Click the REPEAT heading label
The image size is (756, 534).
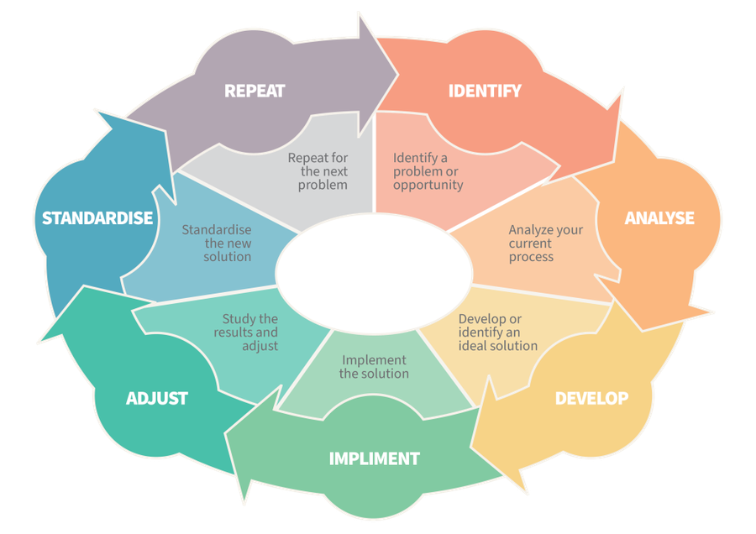point(254,91)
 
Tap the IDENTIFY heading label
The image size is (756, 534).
point(485,91)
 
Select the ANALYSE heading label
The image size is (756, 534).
point(659,217)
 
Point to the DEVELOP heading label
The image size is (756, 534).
point(591,398)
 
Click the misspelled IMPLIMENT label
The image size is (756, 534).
point(374,458)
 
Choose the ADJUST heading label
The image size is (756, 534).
point(157,398)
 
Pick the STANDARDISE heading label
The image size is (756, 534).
point(97,218)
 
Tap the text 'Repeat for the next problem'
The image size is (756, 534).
point(318,171)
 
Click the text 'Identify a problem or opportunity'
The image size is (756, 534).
point(428,171)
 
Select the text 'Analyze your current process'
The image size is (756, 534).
point(545,243)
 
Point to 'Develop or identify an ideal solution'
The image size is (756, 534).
point(498,332)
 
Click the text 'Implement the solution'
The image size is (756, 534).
point(374,367)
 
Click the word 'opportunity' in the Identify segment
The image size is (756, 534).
point(428,185)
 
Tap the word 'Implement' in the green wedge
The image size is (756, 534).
point(374,360)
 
